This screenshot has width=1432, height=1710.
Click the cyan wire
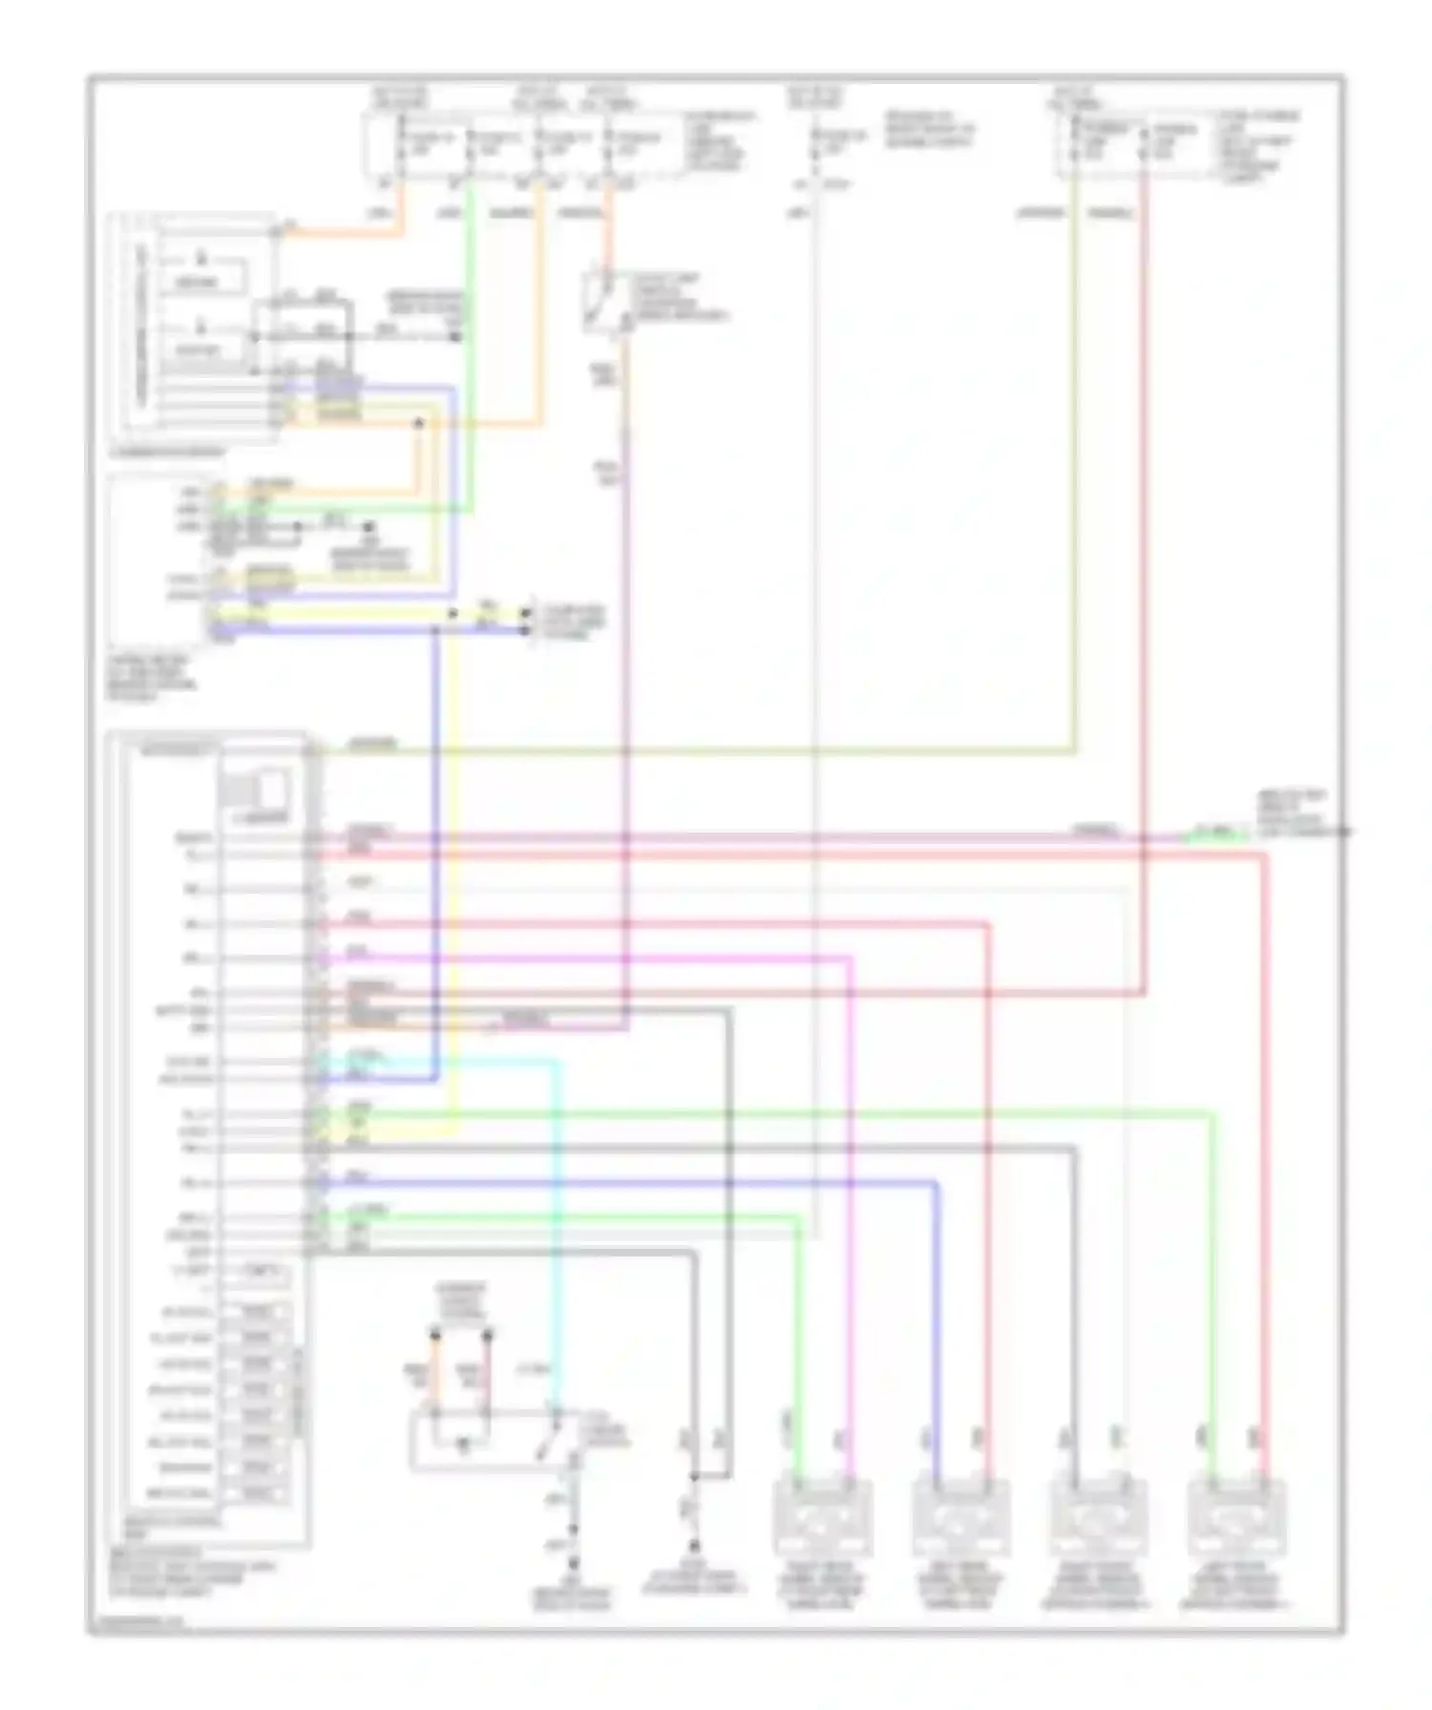(x=557, y=1241)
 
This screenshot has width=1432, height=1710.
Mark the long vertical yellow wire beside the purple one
(x=454, y=859)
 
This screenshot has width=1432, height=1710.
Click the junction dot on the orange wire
(x=417, y=423)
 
